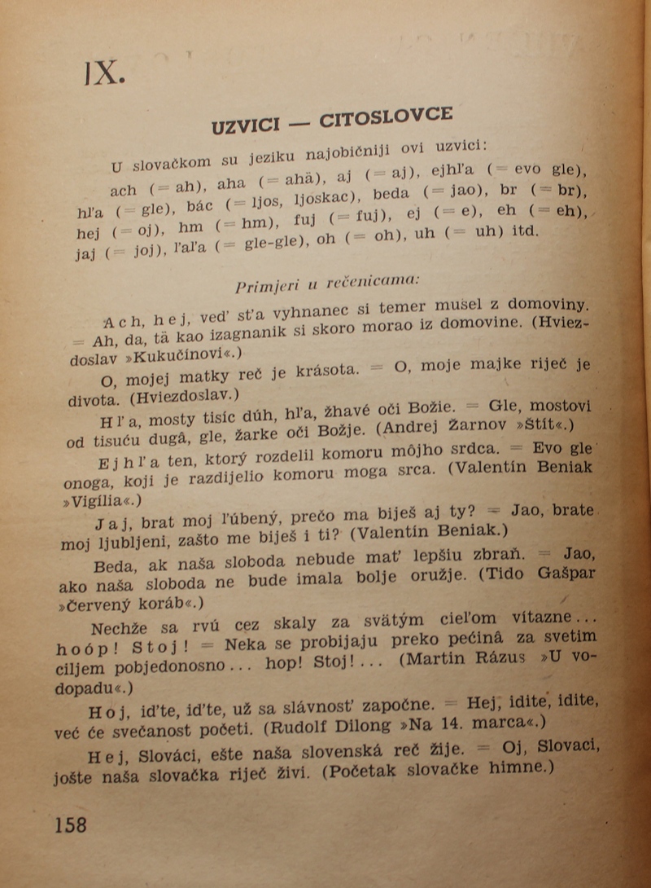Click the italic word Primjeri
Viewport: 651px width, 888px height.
263,286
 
